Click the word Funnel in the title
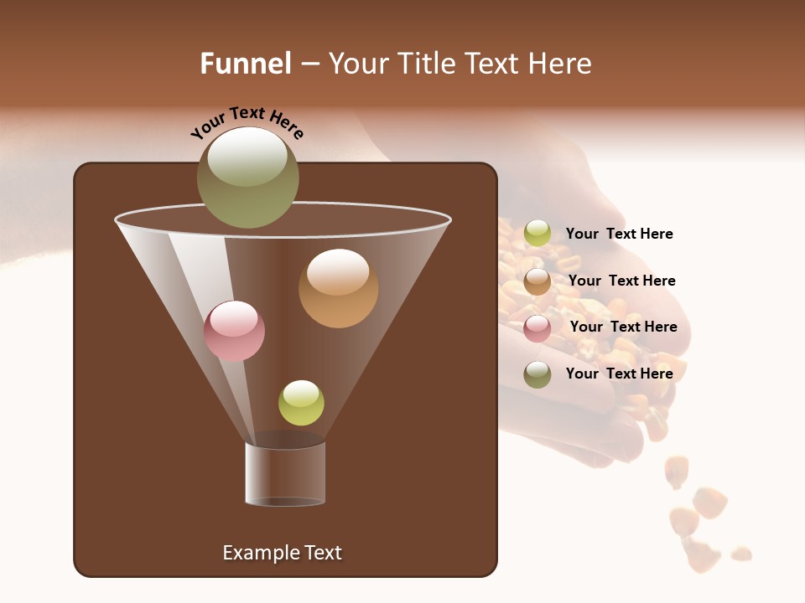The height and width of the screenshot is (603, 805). tap(245, 64)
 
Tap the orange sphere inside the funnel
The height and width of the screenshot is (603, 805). tap(338, 289)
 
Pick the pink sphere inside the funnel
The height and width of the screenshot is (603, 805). tap(234, 332)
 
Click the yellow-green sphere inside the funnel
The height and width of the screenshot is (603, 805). tap(301, 403)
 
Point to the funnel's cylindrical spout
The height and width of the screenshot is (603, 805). tap(285, 474)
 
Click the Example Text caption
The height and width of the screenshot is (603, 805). tap(282, 553)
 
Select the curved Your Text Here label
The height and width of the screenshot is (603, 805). tap(247, 122)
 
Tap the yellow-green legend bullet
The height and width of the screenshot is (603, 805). tap(538, 234)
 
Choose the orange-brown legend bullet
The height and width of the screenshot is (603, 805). tap(538, 281)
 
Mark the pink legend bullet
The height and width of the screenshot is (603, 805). tap(538, 328)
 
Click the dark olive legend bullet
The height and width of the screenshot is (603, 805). tap(538, 374)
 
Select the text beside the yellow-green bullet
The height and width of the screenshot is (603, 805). tap(619, 234)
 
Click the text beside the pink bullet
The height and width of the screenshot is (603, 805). tap(623, 327)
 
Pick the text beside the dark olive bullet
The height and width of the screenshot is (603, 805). tap(619, 374)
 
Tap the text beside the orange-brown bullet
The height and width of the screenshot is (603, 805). tap(621, 281)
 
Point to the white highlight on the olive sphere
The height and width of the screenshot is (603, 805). tap(247, 157)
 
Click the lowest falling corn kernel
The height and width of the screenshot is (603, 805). tap(740, 554)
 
